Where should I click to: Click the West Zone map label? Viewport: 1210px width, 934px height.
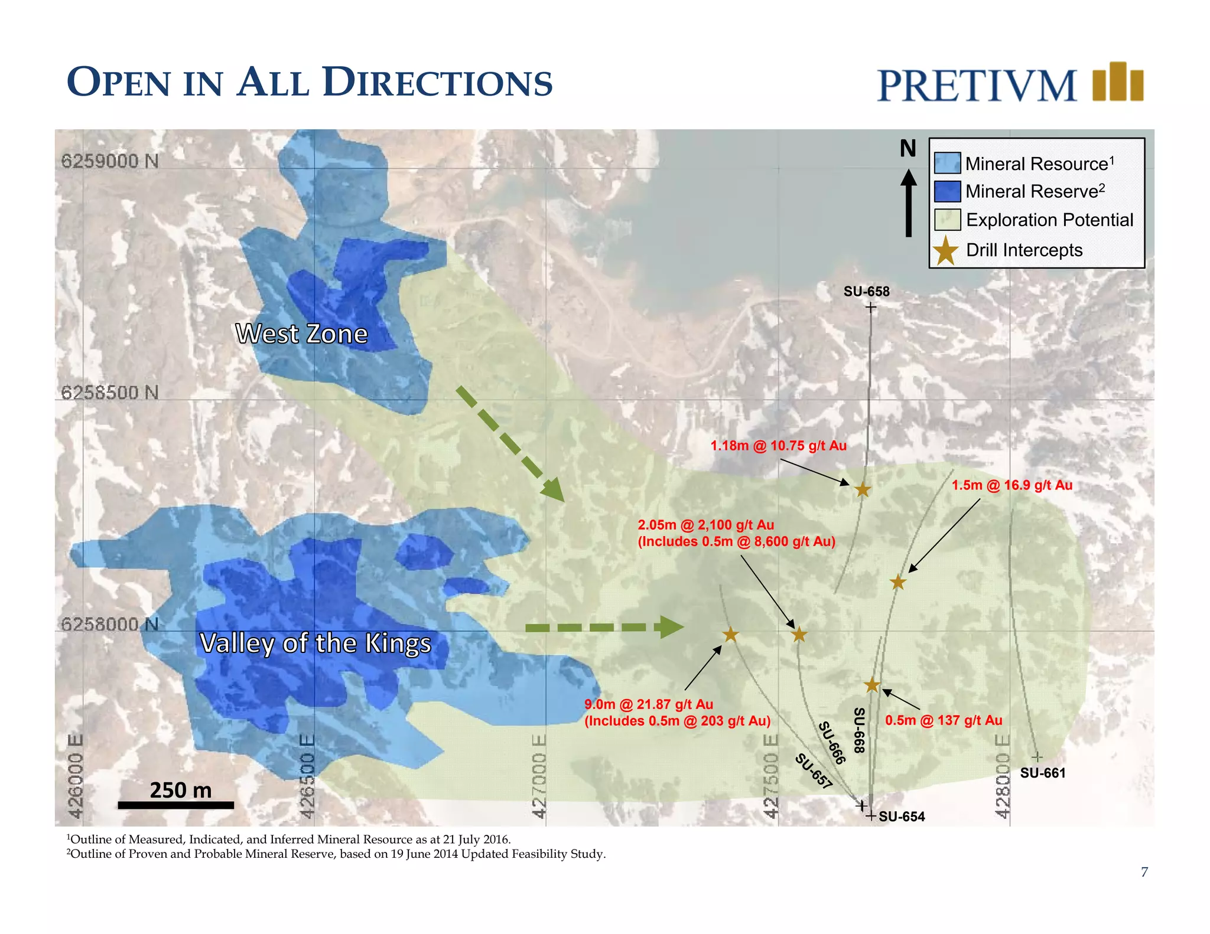pyautogui.click(x=301, y=334)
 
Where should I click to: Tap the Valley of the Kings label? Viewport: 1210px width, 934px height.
pyautogui.click(x=315, y=643)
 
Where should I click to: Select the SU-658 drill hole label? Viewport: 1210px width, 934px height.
pyautogui.click(x=866, y=292)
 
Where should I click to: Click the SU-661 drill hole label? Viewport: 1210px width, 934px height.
pyautogui.click(x=1043, y=773)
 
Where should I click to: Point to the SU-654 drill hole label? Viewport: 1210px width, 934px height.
pyautogui.click(x=902, y=817)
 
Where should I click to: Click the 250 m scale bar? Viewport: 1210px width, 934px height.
pyautogui.click(x=176, y=805)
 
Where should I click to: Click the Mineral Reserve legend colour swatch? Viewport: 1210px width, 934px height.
pyautogui.click(x=946, y=191)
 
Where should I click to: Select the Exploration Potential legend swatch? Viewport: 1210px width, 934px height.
pyautogui.click(x=946, y=220)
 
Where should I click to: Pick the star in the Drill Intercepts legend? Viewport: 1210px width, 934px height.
pyautogui.click(x=946, y=250)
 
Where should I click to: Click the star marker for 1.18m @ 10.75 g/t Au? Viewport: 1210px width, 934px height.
pyautogui.click(x=863, y=489)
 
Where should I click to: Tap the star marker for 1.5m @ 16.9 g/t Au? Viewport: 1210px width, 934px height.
pyautogui.click(x=898, y=582)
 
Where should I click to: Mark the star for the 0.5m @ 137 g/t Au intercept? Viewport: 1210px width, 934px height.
pyautogui.click(x=872, y=685)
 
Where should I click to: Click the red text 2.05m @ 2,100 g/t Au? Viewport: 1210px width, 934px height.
pyautogui.click(x=705, y=525)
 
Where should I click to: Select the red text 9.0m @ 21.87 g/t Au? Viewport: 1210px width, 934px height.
pyautogui.click(x=649, y=704)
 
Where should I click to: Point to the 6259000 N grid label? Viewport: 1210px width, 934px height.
pyautogui.click(x=110, y=161)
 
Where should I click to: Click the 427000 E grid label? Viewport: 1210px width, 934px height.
pyautogui.click(x=539, y=776)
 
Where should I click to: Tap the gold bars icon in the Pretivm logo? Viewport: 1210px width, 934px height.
pyautogui.click(x=1118, y=82)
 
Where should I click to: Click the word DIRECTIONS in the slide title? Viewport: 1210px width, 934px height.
pyautogui.click(x=438, y=83)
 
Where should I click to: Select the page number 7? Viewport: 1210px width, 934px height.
pyautogui.click(x=1144, y=872)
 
